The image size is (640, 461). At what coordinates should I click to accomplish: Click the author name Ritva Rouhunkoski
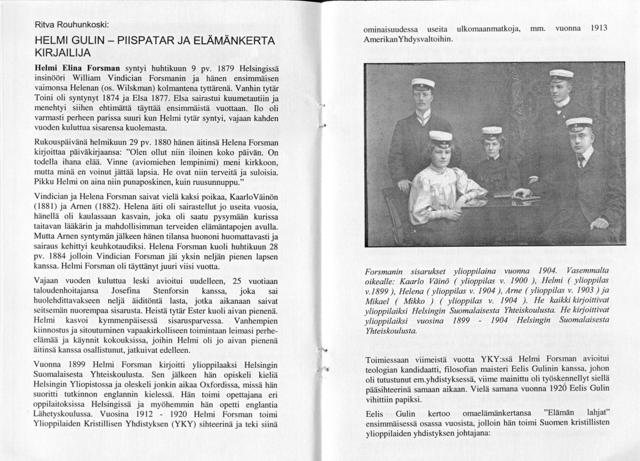(71, 25)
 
